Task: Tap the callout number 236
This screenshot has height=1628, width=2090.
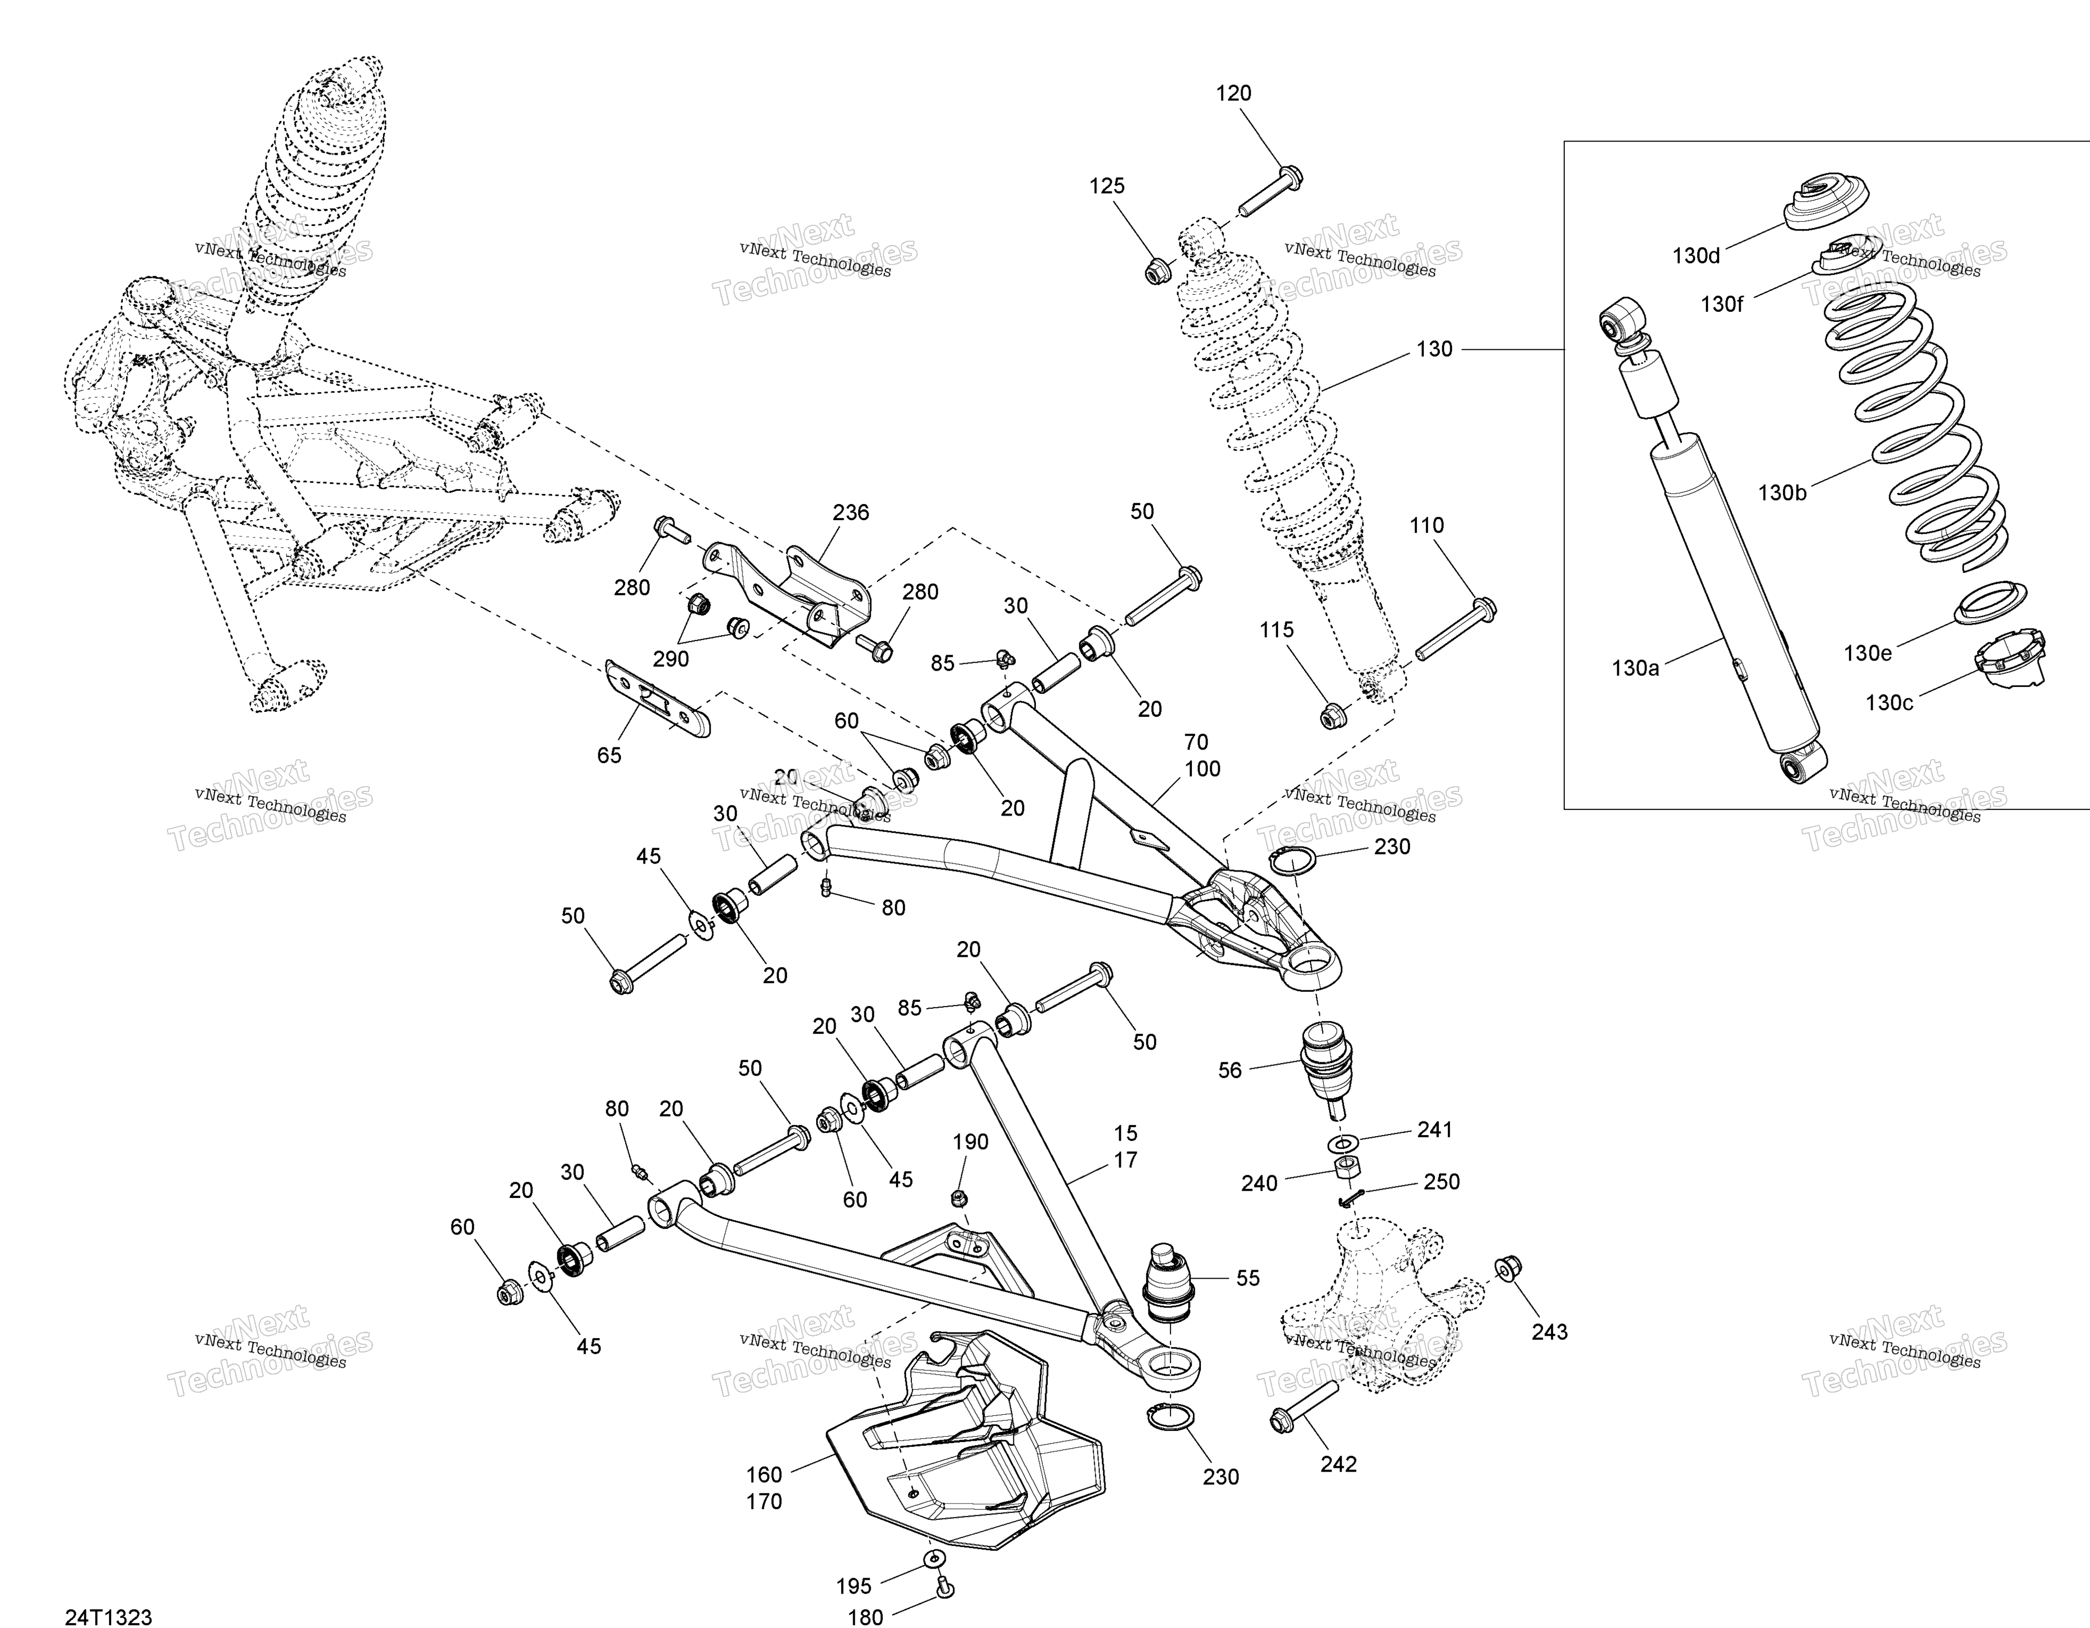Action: tap(851, 513)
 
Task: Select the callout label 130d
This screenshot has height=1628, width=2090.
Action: tap(1696, 256)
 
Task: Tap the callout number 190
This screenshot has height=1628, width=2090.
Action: tap(970, 1142)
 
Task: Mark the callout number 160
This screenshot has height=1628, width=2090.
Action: tap(764, 1475)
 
